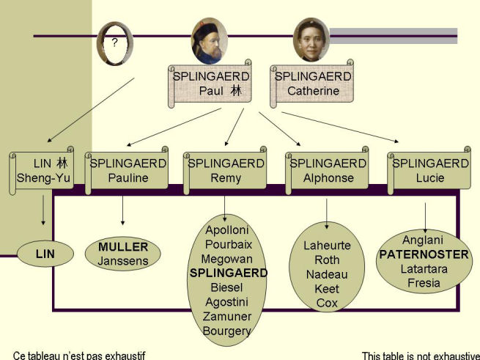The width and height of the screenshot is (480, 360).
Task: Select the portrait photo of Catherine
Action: [x=310, y=40]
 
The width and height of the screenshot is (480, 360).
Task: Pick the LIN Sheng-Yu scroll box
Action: [x=43, y=171]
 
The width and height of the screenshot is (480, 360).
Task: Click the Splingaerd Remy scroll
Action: [x=226, y=171]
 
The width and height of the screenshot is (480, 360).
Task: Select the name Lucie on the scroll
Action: [x=430, y=178]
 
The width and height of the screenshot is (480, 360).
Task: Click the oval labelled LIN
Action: [x=45, y=254]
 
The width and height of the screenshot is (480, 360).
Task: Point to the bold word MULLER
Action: [x=123, y=246]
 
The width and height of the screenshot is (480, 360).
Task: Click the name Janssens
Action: [x=123, y=260]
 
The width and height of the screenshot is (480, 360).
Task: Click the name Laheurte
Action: [x=327, y=246]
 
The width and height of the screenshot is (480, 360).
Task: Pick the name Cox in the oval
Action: [x=327, y=303]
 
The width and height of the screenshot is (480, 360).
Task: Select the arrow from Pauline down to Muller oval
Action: [x=122, y=210]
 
